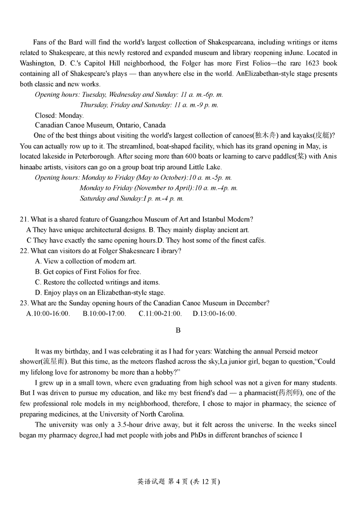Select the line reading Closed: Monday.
click(59, 115)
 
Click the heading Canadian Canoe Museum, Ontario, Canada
click(100, 125)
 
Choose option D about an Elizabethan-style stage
click(100, 293)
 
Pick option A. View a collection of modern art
click(85, 261)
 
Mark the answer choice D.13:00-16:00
click(215, 314)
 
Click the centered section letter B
click(178, 331)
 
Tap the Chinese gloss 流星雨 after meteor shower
click(56, 362)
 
